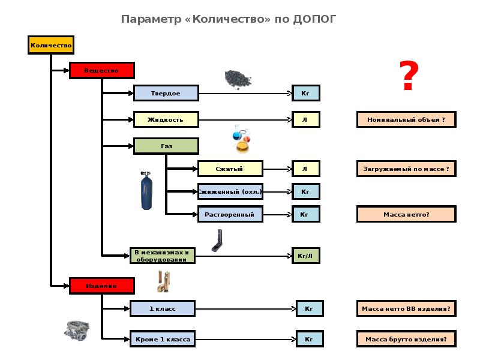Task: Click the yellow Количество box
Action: [51, 45]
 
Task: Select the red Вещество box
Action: [101, 70]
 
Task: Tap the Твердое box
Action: [166, 93]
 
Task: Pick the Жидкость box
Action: [166, 119]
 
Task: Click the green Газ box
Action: [166, 146]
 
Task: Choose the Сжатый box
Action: [230, 169]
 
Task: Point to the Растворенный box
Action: [230, 214]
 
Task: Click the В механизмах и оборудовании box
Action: [162, 256]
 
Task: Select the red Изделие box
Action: [101, 286]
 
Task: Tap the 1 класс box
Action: [162, 308]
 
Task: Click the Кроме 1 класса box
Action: [162, 339]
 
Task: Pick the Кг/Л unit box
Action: [305, 256]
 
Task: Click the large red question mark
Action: [409, 77]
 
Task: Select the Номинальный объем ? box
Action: [406, 119]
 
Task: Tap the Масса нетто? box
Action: [406, 214]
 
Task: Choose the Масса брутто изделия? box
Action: [406, 339]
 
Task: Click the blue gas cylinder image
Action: [146, 191]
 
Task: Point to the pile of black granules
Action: [238, 79]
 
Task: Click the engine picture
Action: [77, 329]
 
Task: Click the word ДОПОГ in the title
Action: [315, 19]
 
